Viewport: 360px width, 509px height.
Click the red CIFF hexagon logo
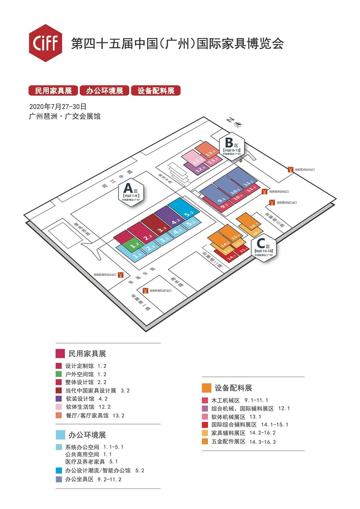pyautogui.click(x=45, y=43)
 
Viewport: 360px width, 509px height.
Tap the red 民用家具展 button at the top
pyautogui.click(x=53, y=91)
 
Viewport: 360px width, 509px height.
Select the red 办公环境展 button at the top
pyautogui.click(x=105, y=91)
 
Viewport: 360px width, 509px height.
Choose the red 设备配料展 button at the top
pyautogui.click(x=156, y=91)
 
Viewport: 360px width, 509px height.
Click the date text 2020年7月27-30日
pyautogui.click(x=58, y=107)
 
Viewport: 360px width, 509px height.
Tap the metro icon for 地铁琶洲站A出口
pyautogui.click(x=291, y=170)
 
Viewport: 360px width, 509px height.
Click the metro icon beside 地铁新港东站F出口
pyautogui.click(x=145, y=291)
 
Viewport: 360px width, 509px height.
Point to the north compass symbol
pyautogui.click(x=237, y=124)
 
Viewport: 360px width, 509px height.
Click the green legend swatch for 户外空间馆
pyautogui.click(x=59, y=374)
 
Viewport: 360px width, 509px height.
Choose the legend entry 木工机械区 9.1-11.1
pyautogui.click(x=239, y=400)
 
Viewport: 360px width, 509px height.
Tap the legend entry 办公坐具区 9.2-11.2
pyautogui.click(x=93, y=479)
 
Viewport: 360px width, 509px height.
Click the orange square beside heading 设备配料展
pyautogui.click(x=207, y=388)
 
